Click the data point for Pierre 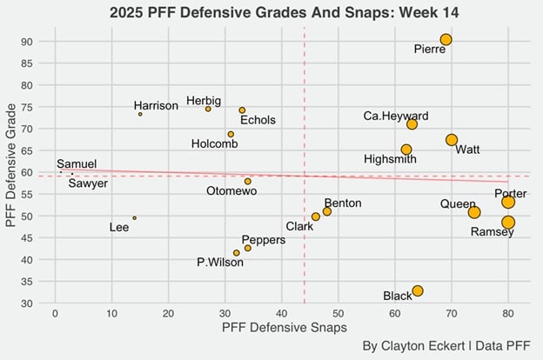tap(446, 39)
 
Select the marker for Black tap(418, 290)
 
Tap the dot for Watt tap(452, 140)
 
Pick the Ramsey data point tap(508, 222)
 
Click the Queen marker tap(474, 212)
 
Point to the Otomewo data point tap(248, 181)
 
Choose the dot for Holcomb tap(231, 134)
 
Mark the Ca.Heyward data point tap(412, 124)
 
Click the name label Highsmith tap(390, 159)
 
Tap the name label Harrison tap(156, 106)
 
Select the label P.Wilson tap(220, 263)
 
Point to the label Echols tap(258, 120)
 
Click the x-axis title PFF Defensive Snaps tap(285, 328)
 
